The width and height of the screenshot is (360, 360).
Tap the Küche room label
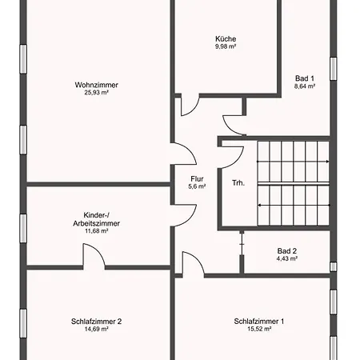[226, 38]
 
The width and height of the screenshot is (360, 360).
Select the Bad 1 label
[305, 78]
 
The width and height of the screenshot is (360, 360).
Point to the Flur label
[197, 178]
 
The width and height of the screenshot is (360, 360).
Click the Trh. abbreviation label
[238, 183]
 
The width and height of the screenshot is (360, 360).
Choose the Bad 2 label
[287, 250]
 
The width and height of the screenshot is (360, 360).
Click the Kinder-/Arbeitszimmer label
[96, 219]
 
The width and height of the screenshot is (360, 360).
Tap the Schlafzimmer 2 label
[96, 322]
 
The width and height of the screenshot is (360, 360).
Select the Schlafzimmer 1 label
[259, 322]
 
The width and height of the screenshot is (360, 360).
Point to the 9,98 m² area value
[226, 46]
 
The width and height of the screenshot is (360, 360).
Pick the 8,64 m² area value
[305, 86]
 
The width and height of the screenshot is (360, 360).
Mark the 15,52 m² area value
[259, 330]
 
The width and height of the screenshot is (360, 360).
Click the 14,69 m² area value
[96, 330]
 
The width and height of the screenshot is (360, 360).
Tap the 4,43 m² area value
[287, 258]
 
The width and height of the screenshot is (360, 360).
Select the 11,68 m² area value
[96, 232]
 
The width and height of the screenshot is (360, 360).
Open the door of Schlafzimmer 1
[192, 263]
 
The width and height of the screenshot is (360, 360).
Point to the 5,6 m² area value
[197, 186]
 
